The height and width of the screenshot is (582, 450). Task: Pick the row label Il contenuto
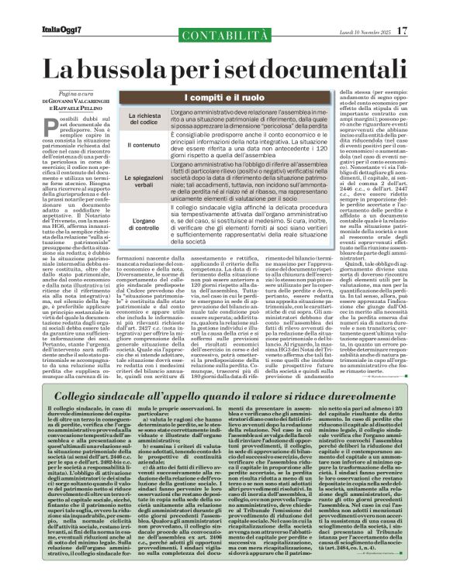(x=144, y=144)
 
